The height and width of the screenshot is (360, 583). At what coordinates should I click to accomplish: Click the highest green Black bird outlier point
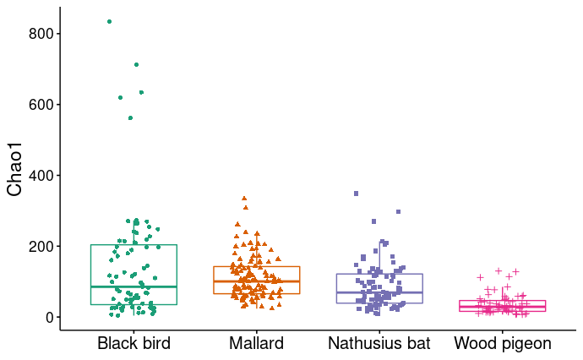[109, 21]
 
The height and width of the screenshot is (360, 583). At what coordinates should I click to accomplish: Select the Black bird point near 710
[136, 64]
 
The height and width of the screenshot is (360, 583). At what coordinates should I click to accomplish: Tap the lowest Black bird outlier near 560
[130, 117]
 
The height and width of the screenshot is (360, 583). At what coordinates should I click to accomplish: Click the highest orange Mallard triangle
[244, 199]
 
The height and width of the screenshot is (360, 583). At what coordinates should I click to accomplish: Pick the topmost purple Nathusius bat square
[356, 194]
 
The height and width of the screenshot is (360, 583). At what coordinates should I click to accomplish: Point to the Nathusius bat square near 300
[398, 211]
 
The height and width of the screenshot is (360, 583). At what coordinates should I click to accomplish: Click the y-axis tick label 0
[49, 318]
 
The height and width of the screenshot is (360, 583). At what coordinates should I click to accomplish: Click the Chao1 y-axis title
[14, 169]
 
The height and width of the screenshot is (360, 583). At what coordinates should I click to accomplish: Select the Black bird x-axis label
[133, 344]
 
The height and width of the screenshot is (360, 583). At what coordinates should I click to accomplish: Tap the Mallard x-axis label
[256, 344]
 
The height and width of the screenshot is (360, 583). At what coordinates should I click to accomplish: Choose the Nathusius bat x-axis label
[379, 344]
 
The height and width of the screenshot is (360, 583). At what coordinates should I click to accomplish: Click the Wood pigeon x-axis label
[502, 344]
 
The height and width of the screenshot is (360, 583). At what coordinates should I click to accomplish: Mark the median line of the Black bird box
[133, 286]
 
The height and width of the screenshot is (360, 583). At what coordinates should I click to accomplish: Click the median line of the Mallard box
[256, 281]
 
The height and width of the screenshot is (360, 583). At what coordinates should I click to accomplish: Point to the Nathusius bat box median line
[379, 292]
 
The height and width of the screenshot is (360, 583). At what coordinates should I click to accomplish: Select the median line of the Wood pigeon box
[502, 307]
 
